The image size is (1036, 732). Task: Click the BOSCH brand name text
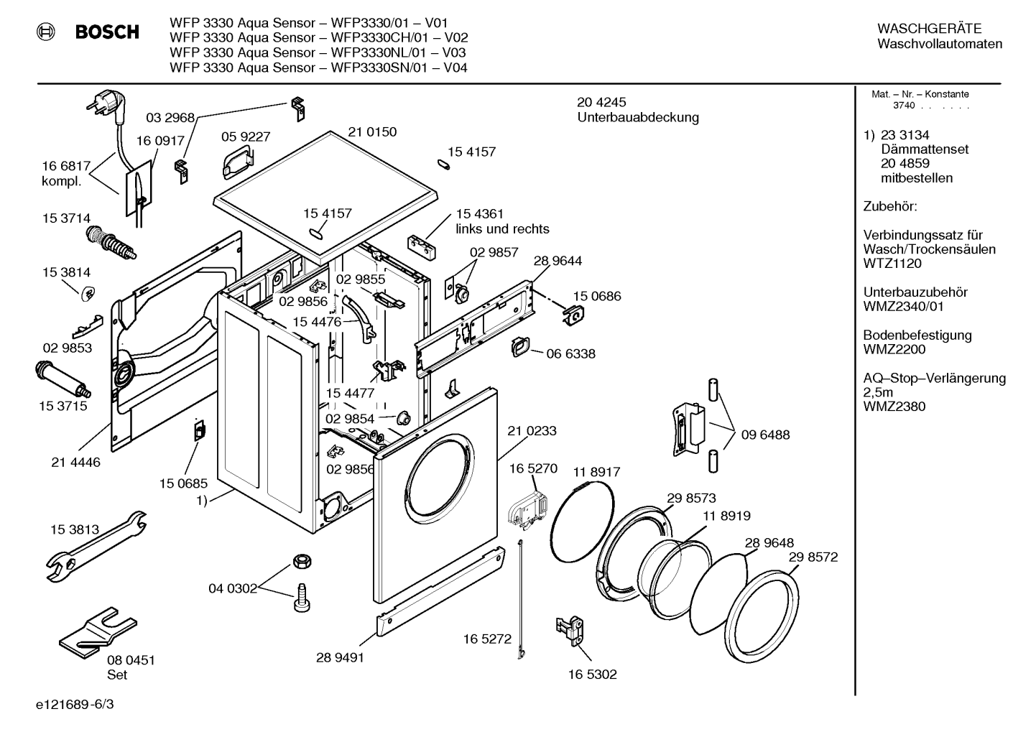[x=107, y=32]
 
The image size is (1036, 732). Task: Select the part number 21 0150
[x=372, y=131]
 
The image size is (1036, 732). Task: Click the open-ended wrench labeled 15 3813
[x=96, y=546]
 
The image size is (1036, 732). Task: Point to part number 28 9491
[x=340, y=657]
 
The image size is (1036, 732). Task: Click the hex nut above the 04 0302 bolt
[x=302, y=562]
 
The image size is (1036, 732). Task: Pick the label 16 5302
[x=593, y=675]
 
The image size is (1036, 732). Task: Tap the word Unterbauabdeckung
[x=638, y=118]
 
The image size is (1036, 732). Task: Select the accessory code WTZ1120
[x=892, y=264]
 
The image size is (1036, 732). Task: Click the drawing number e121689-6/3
[x=75, y=704]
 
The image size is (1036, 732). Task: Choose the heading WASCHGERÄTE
[x=930, y=29]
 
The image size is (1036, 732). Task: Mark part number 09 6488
[x=765, y=435]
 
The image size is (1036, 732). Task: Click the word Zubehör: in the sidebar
[x=890, y=206]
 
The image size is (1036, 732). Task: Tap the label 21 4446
[x=76, y=462]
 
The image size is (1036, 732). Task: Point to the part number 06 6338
[x=570, y=353]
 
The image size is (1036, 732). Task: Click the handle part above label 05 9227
[x=237, y=162]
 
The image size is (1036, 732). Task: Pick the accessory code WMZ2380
[x=894, y=407]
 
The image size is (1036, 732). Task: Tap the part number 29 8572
[x=813, y=557]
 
